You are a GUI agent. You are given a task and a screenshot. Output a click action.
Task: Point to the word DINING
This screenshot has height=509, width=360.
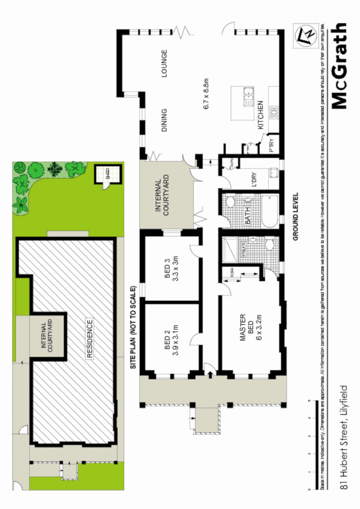(164, 120)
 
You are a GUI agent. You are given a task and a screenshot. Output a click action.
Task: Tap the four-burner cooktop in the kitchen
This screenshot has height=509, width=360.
(274, 111)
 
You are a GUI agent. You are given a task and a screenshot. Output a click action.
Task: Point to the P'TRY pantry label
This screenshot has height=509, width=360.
(271, 144)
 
